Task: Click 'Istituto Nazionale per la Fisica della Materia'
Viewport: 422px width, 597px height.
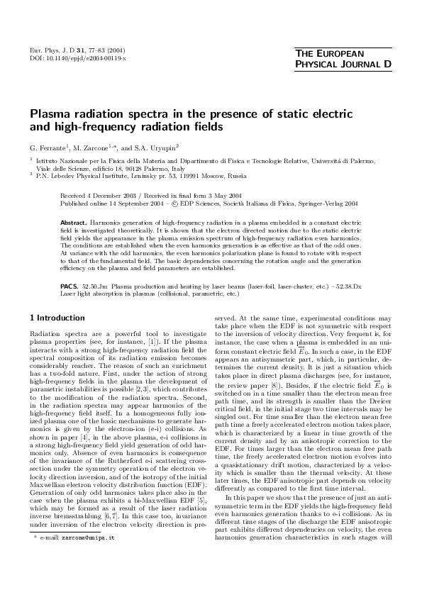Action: [90, 163]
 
